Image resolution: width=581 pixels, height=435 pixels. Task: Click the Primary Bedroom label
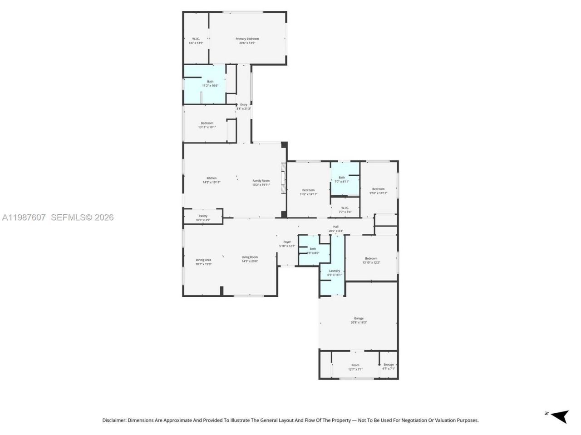[x=247, y=39]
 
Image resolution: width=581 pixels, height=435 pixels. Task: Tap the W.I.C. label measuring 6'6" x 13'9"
[x=196, y=39]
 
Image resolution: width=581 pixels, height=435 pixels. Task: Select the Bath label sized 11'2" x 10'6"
[x=210, y=82]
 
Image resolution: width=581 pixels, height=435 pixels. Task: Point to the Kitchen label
[x=212, y=178]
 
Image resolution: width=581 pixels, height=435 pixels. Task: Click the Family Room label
[x=261, y=181]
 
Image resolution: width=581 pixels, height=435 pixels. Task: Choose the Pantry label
[x=203, y=216]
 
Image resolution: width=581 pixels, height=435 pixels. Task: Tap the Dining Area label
[x=203, y=260]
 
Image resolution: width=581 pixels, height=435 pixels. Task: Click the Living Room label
[x=250, y=257]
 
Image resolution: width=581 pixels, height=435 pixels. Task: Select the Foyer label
[x=287, y=242]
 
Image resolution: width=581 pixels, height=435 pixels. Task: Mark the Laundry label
[x=335, y=271]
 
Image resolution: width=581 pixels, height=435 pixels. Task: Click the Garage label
[x=359, y=319]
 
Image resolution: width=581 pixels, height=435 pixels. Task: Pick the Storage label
[x=389, y=365]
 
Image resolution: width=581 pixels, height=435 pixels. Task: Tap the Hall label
[x=336, y=227]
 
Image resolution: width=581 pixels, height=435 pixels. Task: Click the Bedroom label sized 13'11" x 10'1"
[x=207, y=123]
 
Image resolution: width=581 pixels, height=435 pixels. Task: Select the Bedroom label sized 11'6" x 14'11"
[x=308, y=190]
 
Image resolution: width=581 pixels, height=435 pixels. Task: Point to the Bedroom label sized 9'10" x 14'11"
[x=378, y=189]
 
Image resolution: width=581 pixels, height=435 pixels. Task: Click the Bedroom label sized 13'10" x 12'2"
[x=371, y=258]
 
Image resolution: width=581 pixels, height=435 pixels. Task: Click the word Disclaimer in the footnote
[x=114, y=420]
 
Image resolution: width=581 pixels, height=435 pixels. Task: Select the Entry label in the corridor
[x=244, y=105]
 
